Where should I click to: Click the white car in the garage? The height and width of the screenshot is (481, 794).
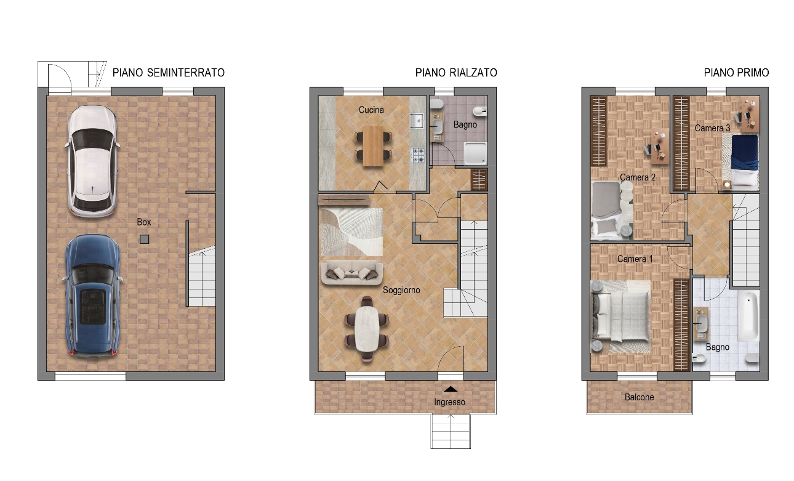(92, 161)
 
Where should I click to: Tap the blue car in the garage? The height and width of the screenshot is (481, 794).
(93, 297)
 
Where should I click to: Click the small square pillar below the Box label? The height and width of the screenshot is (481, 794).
(144, 240)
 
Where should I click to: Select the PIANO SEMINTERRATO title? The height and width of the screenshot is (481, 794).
(169, 73)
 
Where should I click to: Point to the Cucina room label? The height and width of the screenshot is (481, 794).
(371, 110)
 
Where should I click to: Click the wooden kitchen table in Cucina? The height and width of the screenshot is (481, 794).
(373, 146)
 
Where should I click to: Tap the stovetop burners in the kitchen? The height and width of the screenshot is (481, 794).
(419, 155)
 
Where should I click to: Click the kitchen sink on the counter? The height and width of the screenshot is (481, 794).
(417, 121)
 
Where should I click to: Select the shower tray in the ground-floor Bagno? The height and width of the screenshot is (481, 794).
(476, 153)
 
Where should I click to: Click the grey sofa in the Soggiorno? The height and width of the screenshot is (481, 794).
(351, 273)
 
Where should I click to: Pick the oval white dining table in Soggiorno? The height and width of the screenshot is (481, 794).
(367, 329)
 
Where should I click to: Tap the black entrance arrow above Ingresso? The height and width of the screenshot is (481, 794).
(451, 389)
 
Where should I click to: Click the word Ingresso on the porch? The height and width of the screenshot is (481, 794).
(449, 402)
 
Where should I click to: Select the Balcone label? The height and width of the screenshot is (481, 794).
(639, 397)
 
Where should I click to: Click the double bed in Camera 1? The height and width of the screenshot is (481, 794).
(621, 317)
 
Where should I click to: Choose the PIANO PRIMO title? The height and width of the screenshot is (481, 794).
(736, 73)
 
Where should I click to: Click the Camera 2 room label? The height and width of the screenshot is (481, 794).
(637, 177)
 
